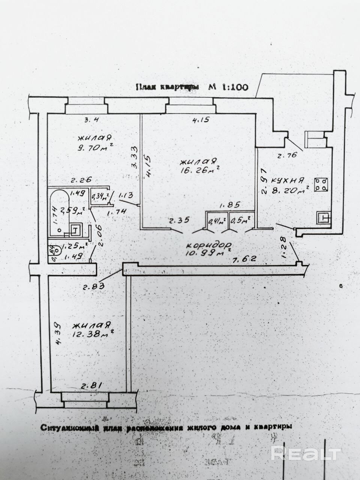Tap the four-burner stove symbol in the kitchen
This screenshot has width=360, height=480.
pyautogui.click(x=321, y=185)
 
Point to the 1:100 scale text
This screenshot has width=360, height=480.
pyautogui.click(x=235, y=87)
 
